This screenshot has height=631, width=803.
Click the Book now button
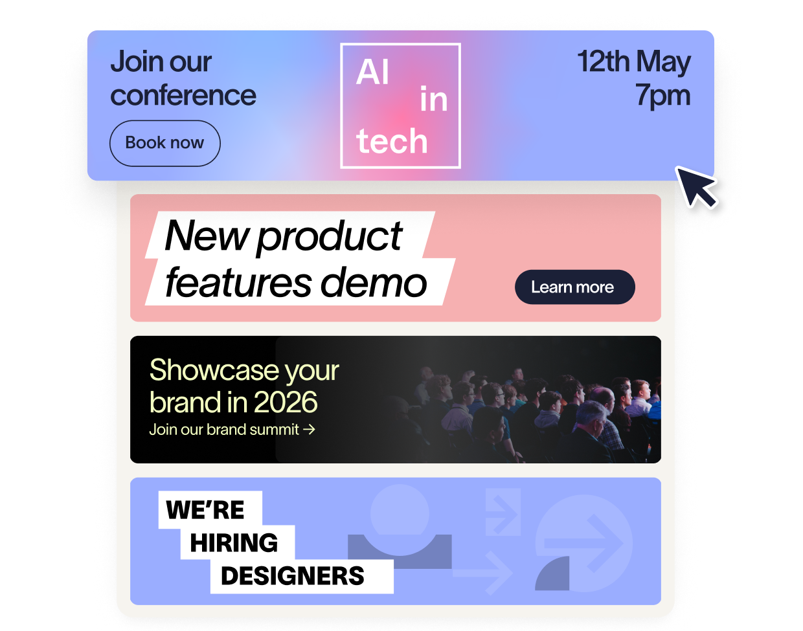[165, 143]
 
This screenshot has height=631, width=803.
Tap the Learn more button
[574, 287]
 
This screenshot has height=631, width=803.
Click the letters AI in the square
[372, 72]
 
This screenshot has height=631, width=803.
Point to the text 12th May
[634, 62]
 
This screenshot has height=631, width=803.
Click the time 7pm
[662, 96]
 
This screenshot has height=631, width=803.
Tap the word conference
[183, 96]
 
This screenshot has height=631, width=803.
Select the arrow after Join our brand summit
[309, 430]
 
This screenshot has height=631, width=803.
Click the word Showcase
[214, 370]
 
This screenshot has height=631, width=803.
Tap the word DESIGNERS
[293, 576]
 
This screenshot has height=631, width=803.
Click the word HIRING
[234, 542]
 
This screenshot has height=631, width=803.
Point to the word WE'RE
[205, 510]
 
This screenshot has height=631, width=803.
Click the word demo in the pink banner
[374, 282]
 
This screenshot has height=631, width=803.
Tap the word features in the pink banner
[238, 282]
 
